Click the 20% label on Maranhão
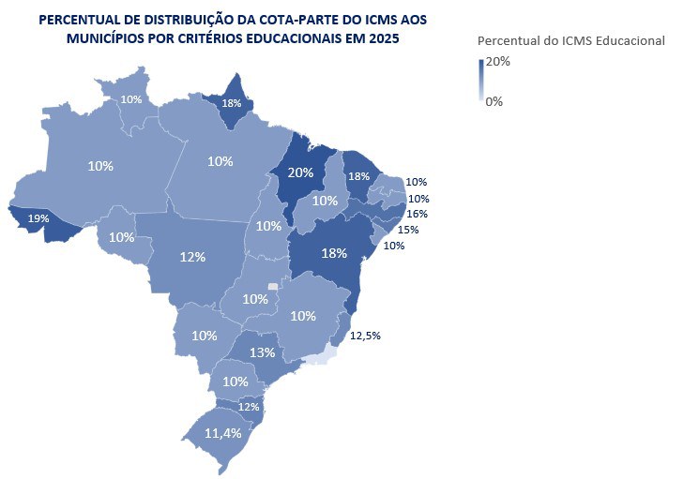pyautogui.click(x=300, y=172)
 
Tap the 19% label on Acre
pyautogui.click(x=38, y=217)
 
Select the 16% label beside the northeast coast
pyautogui.click(x=418, y=214)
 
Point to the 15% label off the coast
pyautogui.click(x=407, y=230)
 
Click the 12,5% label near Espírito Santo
pyautogui.click(x=365, y=335)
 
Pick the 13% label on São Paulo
pyautogui.click(x=263, y=352)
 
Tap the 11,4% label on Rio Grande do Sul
pyautogui.click(x=224, y=433)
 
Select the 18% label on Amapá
pyautogui.click(x=231, y=103)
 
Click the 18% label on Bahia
pyautogui.click(x=333, y=253)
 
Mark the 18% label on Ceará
pyautogui.click(x=357, y=176)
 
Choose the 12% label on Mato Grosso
pyautogui.click(x=192, y=256)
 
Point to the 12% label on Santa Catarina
pyautogui.click(x=248, y=407)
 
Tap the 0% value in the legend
pyautogui.click(x=494, y=101)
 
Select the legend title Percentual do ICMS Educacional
pyautogui.click(x=570, y=40)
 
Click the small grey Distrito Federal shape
pyautogui.click(x=273, y=286)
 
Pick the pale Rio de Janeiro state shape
pyautogui.click(x=321, y=354)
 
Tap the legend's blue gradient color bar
pyautogui.click(x=481, y=80)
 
